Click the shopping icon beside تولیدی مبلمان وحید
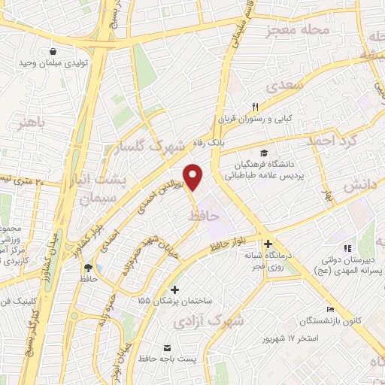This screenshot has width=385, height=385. pos(53,51)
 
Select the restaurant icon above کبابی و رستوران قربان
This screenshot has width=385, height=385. pos(255,106)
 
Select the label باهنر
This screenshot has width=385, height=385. pos(32,121)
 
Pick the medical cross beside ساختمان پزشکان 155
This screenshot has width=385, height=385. pos(175,290)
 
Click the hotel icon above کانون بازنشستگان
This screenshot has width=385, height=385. pos(330,310)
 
